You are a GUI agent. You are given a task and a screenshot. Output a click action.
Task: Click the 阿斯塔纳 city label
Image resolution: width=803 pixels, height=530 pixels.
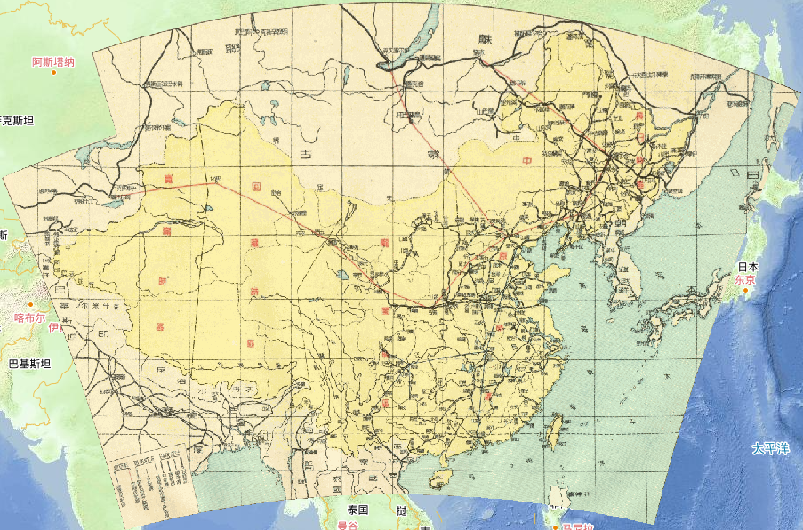tap(53, 62)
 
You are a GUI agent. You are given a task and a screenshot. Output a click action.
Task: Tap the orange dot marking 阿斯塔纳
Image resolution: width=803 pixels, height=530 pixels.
tap(54, 72)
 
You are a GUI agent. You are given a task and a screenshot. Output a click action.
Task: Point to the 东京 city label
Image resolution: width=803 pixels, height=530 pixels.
tap(744, 280)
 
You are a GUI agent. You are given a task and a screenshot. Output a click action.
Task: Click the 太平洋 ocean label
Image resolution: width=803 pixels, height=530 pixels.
tap(770, 447)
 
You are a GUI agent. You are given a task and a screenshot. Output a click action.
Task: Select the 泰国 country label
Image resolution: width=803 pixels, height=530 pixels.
tap(358, 510)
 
